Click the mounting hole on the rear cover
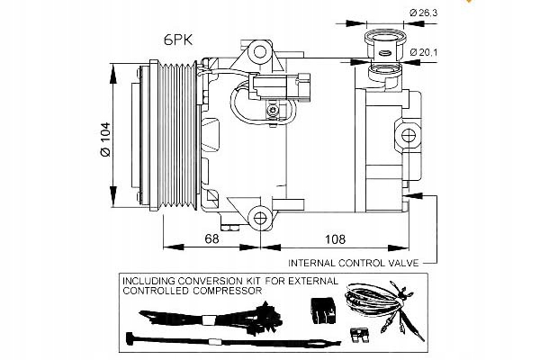click(x=409, y=136)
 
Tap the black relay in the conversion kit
click(x=320, y=308)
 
